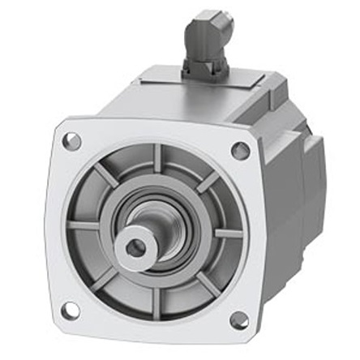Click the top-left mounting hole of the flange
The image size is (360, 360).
71,142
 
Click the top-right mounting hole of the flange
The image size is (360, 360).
240,150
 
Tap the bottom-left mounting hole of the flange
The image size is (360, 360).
70,309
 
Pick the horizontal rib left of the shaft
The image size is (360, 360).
84,225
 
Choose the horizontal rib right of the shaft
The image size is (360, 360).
227,233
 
